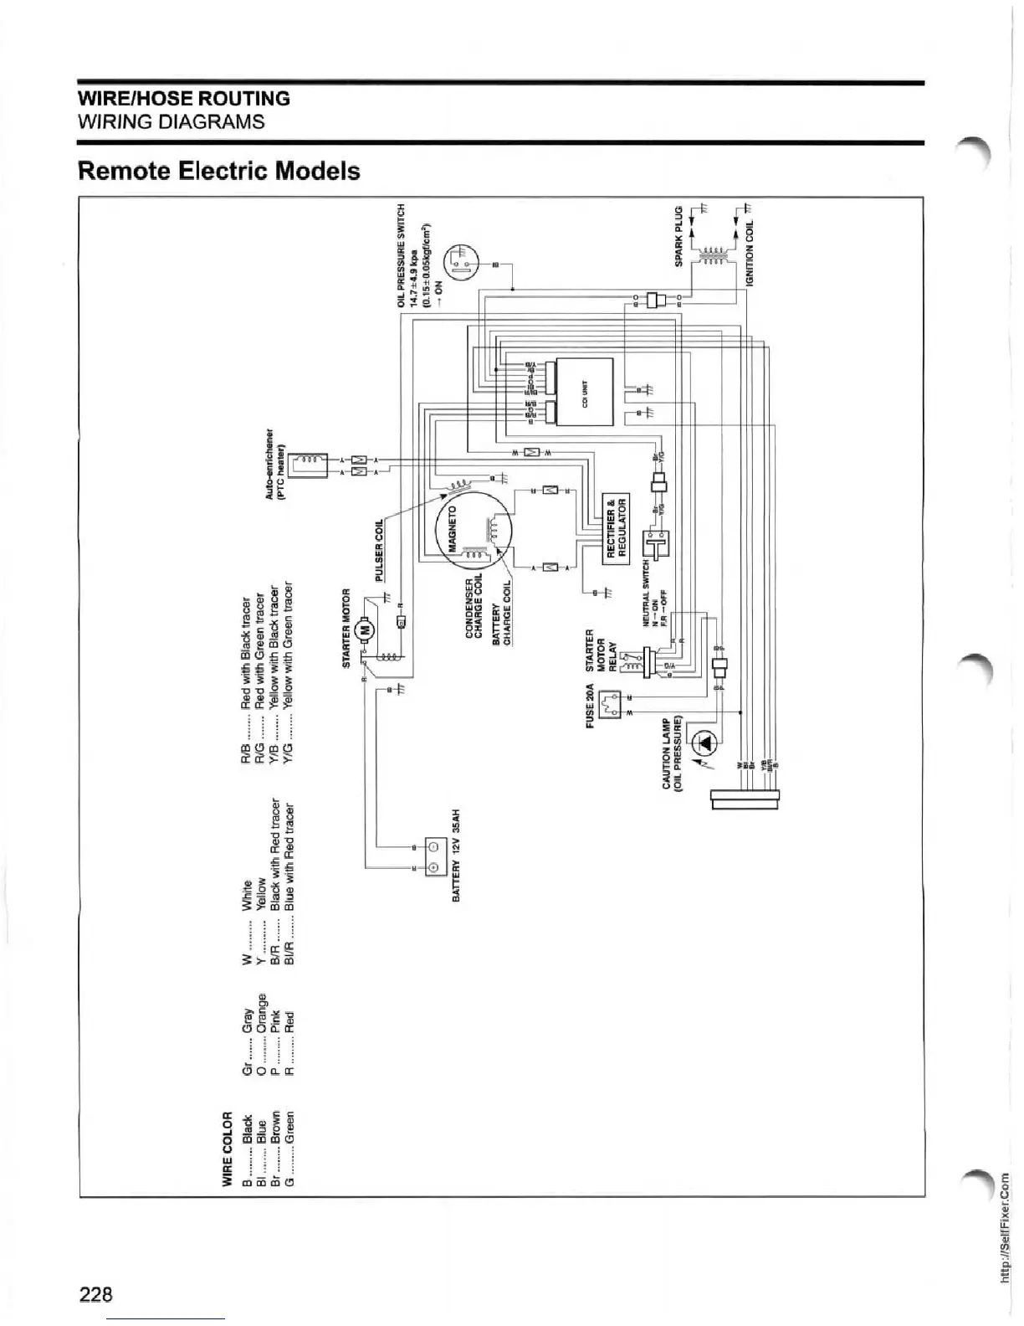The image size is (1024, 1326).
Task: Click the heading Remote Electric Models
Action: (x=218, y=171)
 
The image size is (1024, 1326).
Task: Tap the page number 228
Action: (x=95, y=1294)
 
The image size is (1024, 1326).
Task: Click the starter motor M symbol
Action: (x=365, y=630)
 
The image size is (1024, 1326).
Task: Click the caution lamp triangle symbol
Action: (x=705, y=743)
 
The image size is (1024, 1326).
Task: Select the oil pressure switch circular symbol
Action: (x=461, y=260)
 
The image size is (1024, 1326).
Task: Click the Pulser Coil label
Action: (x=379, y=549)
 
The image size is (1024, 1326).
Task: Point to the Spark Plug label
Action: (x=679, y=237)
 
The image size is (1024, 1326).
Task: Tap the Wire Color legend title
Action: (x=227, y=1148)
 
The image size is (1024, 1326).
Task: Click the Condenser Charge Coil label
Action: (x=474, y=608)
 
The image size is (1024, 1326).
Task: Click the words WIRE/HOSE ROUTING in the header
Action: (x=184, y=99)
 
